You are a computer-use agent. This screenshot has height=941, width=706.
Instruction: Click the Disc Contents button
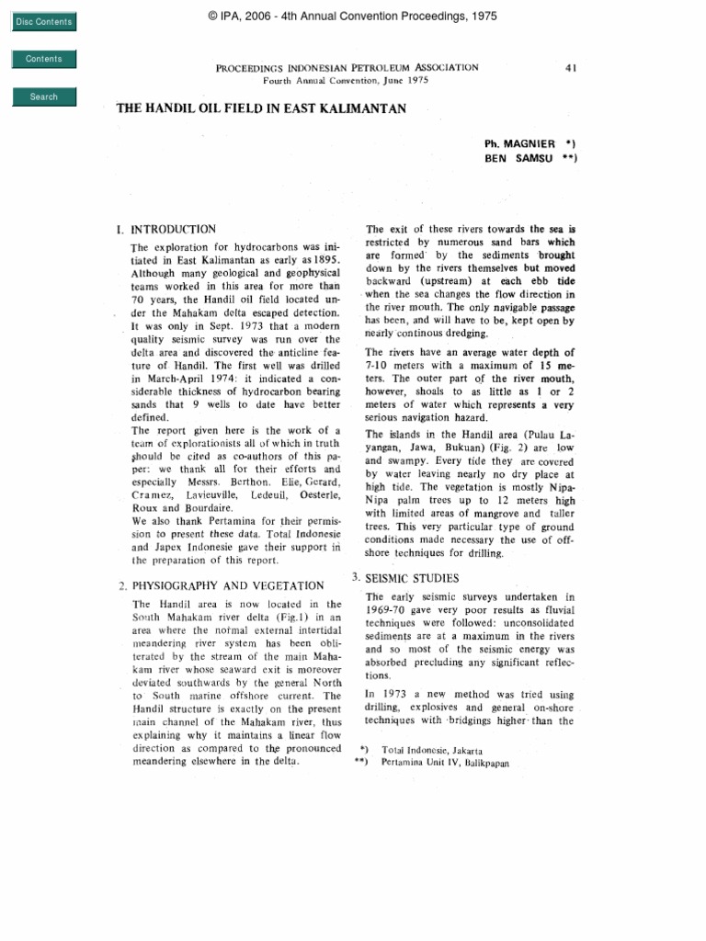click(43, 22)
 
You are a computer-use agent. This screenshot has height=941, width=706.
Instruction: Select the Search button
click(43, 96)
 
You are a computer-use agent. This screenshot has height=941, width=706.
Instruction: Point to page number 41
click(570, 68)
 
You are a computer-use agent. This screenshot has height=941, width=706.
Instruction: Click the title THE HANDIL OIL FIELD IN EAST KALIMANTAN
click(261, 108)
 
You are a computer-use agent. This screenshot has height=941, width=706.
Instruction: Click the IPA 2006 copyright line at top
click(353, 16)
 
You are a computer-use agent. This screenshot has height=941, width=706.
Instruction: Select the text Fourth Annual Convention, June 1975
click(347, 81)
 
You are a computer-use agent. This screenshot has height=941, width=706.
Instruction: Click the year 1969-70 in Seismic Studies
click(392, 610)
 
